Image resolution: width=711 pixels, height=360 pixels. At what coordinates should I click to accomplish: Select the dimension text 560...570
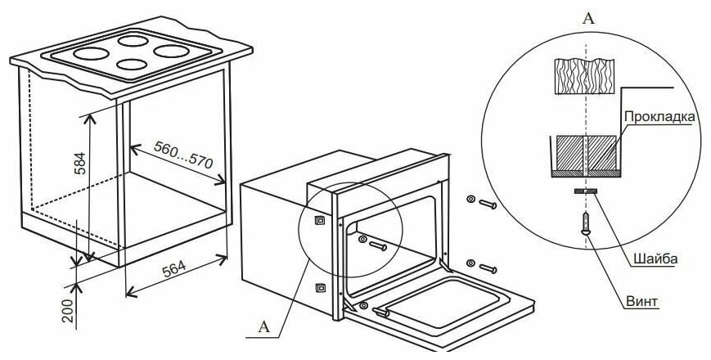pyautogui.click(x=183, y=155)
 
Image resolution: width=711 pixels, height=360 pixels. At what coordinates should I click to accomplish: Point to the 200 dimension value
pyautogui.click(x=67, y=310)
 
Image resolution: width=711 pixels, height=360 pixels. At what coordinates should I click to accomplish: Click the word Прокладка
pyautogui.click(x=659, y=116)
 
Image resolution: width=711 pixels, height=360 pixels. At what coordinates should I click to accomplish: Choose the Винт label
pyautogui.click(x=642, y=302)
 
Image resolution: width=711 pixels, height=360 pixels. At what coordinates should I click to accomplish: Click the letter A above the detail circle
pyautogui.click(x=588, y=18)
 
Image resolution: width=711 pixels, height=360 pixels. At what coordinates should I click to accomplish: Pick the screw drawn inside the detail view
pyautogui.click(x=586, y=223)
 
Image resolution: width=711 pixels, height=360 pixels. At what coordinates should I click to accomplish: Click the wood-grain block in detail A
pyautogui.click(x=585, y=76)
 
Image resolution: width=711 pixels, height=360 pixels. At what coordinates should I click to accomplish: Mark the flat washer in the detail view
pyautogui.click(x=585, y=191)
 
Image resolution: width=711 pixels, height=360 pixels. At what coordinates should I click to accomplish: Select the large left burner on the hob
pyautogui.click(x=91, y=53)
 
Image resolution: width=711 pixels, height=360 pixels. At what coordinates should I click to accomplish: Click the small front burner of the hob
pyautogui.click(x=132, y=65)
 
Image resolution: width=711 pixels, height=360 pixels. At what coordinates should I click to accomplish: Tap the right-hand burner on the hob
pyautogui.click(x=171, y=51)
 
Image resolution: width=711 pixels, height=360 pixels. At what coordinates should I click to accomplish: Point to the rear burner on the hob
pyautogui.click(x=133, y=41)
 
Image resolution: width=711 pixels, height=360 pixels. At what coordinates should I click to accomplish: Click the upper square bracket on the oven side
pyautogui.click(x=320, y=220)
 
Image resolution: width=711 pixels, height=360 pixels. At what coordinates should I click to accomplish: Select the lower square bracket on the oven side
pyautogui.click(x=320, y=287)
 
